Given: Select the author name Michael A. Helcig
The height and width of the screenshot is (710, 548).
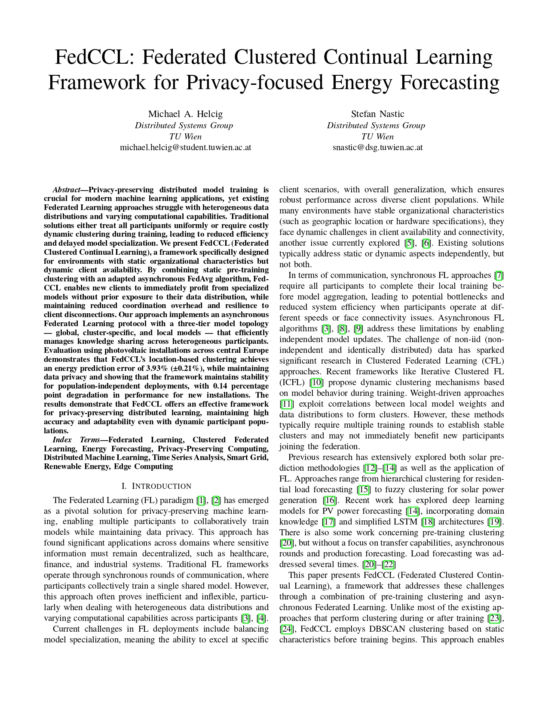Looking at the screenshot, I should [x=185, y=114].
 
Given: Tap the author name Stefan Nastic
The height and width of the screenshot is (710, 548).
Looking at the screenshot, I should [x=377, y=114].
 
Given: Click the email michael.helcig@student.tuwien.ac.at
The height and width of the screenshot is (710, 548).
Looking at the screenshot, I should [x=185, y=147].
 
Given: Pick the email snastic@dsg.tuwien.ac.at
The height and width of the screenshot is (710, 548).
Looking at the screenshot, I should [x=377, y=147].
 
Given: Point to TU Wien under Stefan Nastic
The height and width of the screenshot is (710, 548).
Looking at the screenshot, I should [x=377, y=136].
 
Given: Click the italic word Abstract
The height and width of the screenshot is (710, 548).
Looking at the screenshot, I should [x=66, y=190].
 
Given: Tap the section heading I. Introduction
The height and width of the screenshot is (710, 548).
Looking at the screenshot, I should [x=156, y=486].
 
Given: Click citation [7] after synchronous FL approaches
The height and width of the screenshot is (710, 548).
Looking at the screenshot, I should [x=499, y=275].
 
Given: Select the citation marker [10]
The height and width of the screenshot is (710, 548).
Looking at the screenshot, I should [x=316, y=383].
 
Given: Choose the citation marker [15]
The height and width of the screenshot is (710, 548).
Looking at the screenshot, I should [x=364, y=490].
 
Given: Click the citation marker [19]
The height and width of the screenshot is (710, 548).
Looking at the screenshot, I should [x=496, y=522].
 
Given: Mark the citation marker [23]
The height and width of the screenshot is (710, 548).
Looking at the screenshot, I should [x=496, y=618].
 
